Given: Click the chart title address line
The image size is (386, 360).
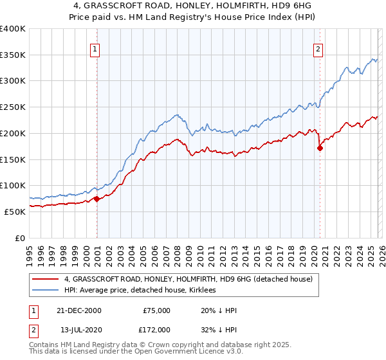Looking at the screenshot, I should coord(192,7).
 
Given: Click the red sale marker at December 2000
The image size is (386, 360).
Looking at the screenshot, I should coord(96,199).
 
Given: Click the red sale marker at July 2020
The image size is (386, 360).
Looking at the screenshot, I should coord(320,148).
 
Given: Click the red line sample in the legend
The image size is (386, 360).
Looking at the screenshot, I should coord(46,279).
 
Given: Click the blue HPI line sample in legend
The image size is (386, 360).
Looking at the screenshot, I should coord(46,291).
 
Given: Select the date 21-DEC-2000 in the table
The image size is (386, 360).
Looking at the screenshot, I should coord(78,310).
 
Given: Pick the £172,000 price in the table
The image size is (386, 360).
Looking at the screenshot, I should coord(156,328).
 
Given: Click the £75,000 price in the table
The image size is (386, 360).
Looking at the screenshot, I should coord(156,310).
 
